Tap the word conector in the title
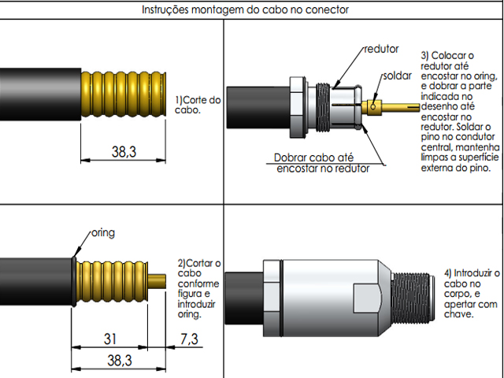326,10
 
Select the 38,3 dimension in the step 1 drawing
123,151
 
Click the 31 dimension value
110,339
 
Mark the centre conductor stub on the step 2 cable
157,281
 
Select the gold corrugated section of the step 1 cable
122,92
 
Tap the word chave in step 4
459,314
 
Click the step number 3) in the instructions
427,55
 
